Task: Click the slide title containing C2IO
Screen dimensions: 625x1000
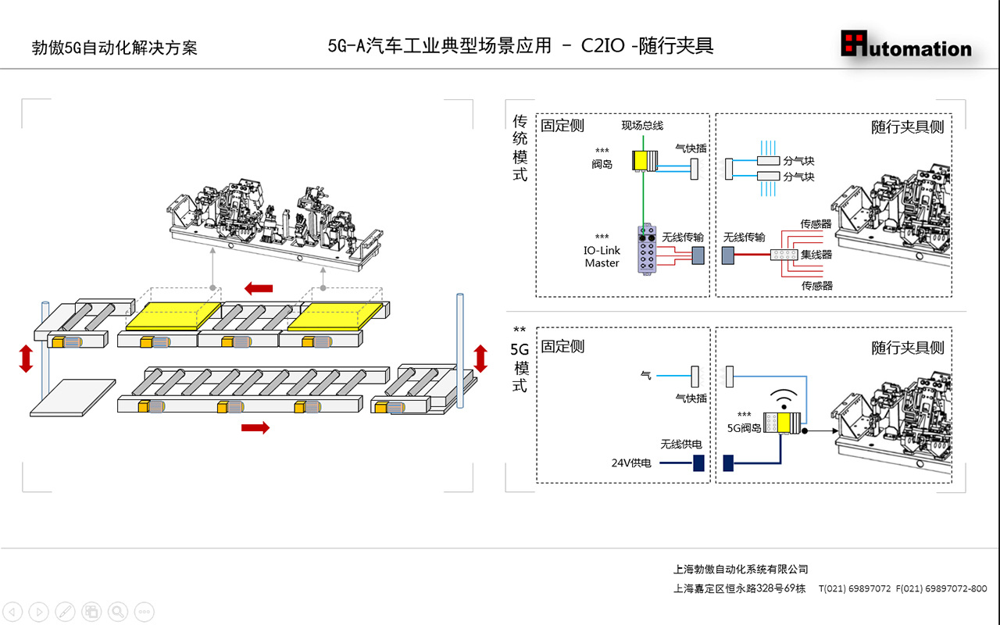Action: point(520,46)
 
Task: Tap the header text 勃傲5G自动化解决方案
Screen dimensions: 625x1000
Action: point(114,48)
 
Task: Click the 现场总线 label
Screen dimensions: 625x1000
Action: point(642,126)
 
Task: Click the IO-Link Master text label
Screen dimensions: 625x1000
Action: point(602,257)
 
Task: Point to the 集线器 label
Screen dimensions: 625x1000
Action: point(816,255)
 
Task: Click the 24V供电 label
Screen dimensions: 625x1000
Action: point(631,463)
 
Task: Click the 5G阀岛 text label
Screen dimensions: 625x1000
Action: point(744,428)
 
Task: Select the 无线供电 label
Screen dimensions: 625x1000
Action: point(680,445)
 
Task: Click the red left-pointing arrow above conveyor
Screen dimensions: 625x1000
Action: point(258,289)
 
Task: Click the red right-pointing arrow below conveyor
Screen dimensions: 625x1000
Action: point(255,427)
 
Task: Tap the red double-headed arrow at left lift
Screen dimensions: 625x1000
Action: point(26,359)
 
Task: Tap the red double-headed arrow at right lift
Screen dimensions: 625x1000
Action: point(480,358)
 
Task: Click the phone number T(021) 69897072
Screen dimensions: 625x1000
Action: point(855,588)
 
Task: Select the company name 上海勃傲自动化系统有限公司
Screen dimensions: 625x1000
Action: point(741,570)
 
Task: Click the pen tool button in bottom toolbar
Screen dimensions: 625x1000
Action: point(66,611)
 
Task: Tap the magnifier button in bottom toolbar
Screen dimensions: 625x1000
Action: point(118,611)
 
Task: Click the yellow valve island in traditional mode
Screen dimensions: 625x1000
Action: point(645,161)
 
